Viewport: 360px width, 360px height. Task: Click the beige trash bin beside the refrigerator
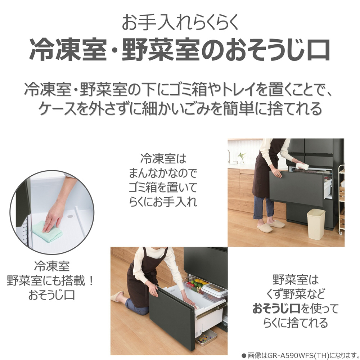316,224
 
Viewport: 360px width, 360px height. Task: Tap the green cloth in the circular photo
48,231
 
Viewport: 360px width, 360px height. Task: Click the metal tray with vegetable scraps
206,338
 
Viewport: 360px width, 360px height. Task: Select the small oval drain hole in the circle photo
71,216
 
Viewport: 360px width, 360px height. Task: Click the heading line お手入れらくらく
180,22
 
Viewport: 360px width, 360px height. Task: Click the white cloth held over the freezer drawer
301,166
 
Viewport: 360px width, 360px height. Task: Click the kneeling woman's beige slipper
117,297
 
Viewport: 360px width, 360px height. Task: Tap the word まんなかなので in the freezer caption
163,174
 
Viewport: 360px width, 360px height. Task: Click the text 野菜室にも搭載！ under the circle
50,281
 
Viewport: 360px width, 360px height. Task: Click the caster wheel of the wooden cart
340,233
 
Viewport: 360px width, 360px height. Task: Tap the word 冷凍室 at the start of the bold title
68,49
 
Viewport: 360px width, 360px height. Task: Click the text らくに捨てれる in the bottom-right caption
295,323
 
